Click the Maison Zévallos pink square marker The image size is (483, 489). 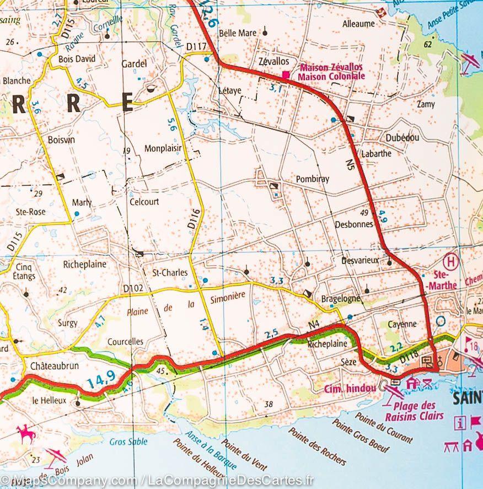pos(286,74)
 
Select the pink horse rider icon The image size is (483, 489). pos(25,434)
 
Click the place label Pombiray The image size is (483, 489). pos(312,179)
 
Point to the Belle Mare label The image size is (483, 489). pos(238,33)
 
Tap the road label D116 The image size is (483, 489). pos(191,218)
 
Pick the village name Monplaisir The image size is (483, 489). pos(163,148)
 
